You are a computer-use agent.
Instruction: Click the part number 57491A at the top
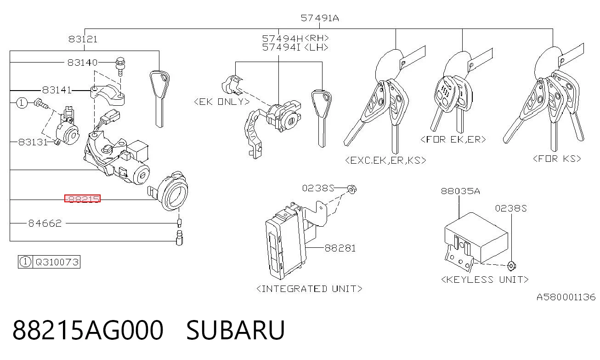coord(320,18)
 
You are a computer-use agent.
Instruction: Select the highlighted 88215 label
coord(83,199)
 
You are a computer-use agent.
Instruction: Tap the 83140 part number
coord(82,63)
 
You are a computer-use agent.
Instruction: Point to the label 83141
coord(57,90)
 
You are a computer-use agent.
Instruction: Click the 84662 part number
coord(45,223)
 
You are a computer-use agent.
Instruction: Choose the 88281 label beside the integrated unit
coord(340,248)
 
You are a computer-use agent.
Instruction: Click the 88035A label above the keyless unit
coord(460,191)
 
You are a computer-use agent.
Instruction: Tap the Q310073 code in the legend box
coord(57,262)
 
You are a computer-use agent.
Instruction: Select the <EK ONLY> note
coord(222,102)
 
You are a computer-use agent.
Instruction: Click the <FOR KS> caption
coord(557,159)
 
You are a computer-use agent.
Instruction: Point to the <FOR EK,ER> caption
coord(453,139)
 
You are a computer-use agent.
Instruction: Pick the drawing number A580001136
coord(566,297)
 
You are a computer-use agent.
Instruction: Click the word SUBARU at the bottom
coord(235,330)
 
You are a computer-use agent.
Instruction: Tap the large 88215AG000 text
coord(88,330)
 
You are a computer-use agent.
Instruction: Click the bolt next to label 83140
coord(120,67)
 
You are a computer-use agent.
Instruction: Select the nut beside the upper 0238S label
coord(352,189)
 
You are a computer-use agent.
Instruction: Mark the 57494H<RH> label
coord(295,38)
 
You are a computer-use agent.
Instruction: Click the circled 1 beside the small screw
coord(22,103)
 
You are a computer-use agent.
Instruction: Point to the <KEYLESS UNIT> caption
coord(485,280)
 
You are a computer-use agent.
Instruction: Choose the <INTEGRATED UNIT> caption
coord(309,289)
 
